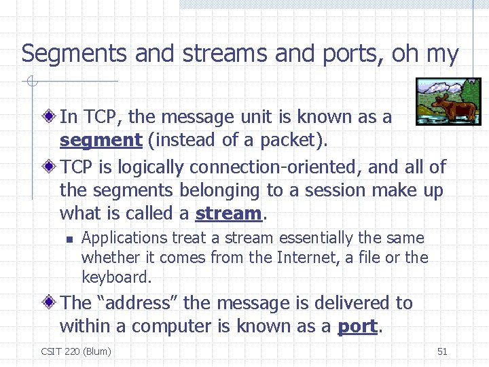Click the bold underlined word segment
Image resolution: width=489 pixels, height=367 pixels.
click(x=101, y=141)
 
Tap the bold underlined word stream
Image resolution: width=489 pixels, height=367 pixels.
click(x=228, y=213)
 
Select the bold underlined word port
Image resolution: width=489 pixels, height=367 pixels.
click(x=357, y=326)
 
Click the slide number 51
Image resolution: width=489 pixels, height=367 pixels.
click(x=442, y=351)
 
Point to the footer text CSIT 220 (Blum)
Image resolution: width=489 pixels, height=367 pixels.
click(x=76, y=351)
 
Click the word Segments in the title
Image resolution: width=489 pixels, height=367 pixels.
click(x=75, y=54)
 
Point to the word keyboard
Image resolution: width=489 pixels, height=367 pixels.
click(x=115, y=277)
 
